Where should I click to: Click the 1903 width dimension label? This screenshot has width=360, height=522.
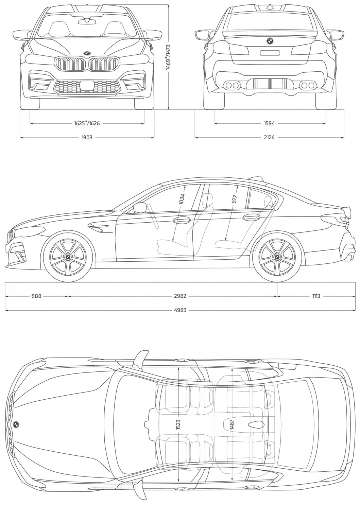point(87,138)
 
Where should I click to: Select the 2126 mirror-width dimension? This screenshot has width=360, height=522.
point(269,138)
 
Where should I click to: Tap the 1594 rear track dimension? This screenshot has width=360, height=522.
point(269,124)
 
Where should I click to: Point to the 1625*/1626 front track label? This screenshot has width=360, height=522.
point(87,123)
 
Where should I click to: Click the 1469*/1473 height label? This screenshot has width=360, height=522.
point(168,57)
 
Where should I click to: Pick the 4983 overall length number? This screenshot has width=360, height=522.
point(180,310)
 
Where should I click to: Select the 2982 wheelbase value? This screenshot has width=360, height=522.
point(180,296)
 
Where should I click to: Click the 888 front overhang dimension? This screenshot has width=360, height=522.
point(36,296)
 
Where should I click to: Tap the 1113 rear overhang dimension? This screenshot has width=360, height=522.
point(316,296)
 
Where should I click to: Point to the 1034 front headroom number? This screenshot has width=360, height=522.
point(182,199)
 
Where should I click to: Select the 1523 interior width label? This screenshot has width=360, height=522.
point(178,424)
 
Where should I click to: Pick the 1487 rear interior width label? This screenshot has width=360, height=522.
point(232,424)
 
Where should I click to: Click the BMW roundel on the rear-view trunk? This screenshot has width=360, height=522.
point(270,41)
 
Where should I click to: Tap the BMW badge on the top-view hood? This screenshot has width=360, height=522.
point(16,424)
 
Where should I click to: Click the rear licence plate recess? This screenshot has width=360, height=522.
point(270,53)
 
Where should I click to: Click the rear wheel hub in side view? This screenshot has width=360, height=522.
point(277,257)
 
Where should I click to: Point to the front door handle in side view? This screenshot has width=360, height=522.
point(182,221)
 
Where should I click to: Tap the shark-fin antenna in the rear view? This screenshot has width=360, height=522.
point(270,6)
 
